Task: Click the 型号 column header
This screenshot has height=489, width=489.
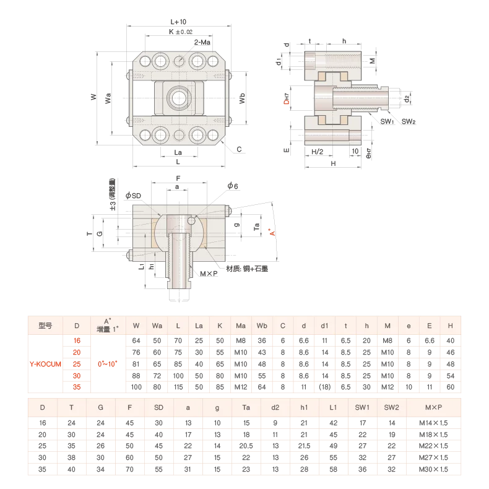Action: (x=45, y=325)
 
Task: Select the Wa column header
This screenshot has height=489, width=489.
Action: (x=157, y=325)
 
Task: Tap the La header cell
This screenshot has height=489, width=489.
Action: (x=199, y=325)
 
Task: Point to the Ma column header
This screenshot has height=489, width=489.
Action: (x=241, y=325)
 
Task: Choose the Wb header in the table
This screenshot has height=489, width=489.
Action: (x=262, y=325)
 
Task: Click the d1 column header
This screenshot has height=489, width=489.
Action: (x=324, y=325)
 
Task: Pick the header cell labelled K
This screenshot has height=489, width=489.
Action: (x=220, y=325)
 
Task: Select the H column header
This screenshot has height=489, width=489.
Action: (x=450, y=325)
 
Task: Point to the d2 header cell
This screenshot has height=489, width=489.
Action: (x=275, y=408)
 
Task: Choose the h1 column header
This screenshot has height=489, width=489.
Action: (x=304, y=408)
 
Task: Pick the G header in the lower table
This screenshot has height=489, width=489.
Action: (x=100, y=408)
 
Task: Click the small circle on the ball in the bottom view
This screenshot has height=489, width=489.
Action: (x=193, y=221)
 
